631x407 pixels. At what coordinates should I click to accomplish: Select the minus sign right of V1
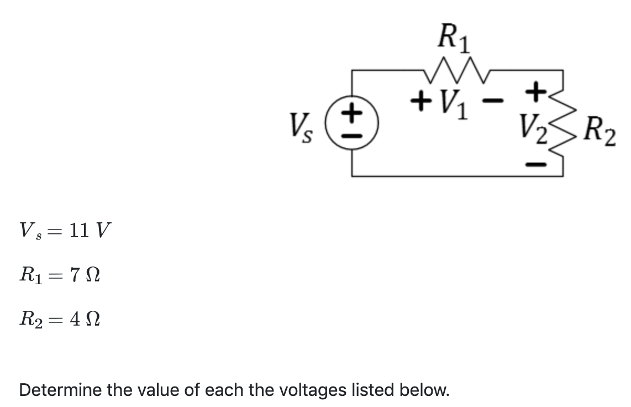[x=497, y=101]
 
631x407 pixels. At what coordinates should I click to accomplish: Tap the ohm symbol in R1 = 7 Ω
[x=91, y=274]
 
